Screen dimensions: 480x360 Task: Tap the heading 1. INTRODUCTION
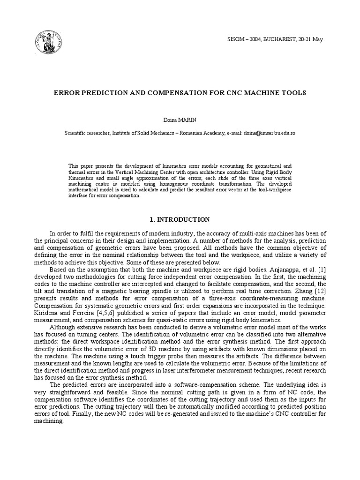pos(180,219)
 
